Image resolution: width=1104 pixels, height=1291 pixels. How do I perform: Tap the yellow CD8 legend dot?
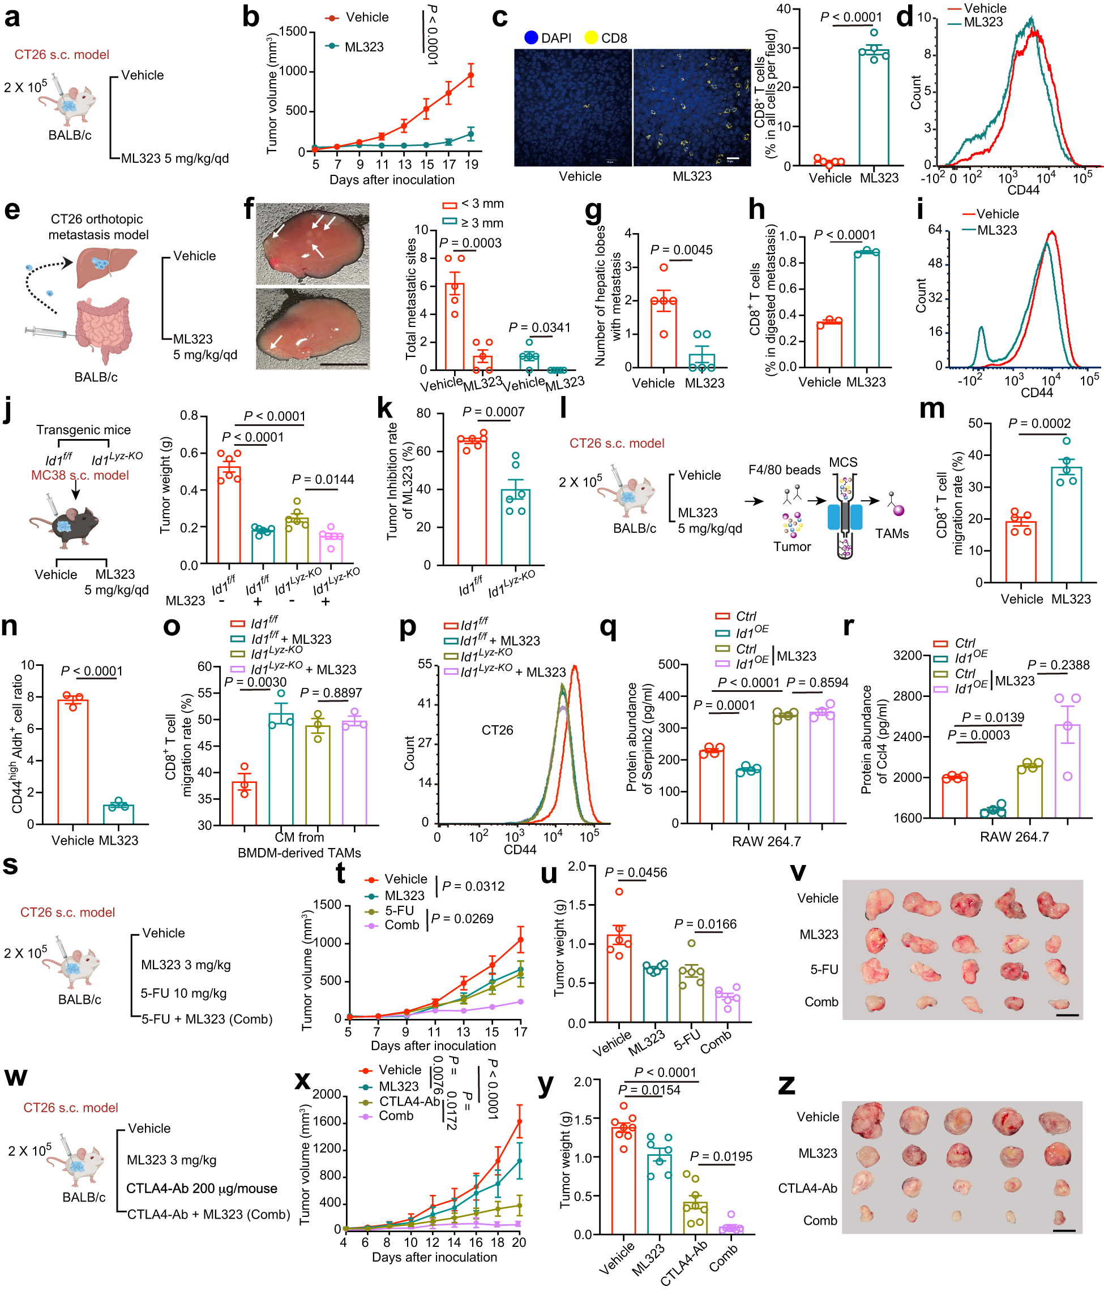pos(590,38)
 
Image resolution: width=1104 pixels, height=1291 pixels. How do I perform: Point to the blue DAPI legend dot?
pos(530,38)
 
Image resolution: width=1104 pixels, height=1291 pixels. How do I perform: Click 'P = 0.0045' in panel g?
pos(681,250)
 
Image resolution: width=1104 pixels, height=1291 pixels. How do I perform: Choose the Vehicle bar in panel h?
pos(829,345)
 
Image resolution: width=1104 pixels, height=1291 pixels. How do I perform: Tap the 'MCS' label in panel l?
pos(843,462)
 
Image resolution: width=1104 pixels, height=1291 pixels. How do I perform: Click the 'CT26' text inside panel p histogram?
pos(497,730)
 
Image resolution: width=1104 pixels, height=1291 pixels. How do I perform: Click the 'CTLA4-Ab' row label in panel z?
pos(807,1188)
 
